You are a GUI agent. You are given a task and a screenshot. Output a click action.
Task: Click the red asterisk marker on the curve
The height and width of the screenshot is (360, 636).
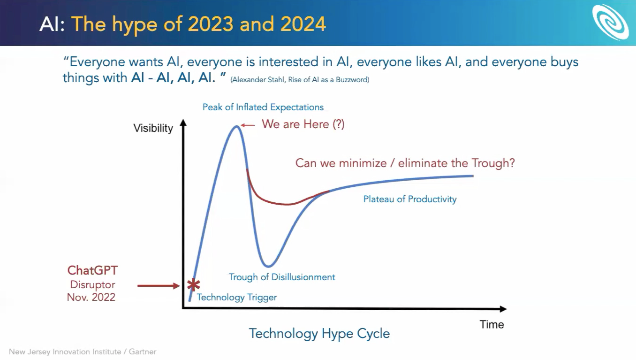pos(194,285)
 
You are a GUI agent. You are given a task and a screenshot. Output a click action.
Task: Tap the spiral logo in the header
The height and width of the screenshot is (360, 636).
pos(610,22)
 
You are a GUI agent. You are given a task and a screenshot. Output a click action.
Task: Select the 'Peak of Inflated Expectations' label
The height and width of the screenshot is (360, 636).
pos(263,107)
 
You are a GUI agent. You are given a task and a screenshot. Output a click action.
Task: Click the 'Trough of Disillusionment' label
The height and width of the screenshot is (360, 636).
pos(282,277)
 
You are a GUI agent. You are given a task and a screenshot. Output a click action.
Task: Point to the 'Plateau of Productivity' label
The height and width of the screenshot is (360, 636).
pos(410,199)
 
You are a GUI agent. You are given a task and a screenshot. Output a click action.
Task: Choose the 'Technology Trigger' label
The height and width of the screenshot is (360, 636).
pos(237,297)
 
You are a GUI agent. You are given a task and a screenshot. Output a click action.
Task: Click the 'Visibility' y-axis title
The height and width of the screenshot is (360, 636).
pos(153,128)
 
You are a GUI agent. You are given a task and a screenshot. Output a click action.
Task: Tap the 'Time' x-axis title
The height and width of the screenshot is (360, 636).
pos(492,324)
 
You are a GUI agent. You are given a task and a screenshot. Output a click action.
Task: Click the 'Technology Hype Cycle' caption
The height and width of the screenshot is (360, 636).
pos(319,334)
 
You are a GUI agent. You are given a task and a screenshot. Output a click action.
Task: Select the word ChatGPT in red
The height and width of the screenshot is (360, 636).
pos(92,270)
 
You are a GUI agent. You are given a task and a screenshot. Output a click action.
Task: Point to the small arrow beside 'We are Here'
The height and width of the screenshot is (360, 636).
pos(248,125)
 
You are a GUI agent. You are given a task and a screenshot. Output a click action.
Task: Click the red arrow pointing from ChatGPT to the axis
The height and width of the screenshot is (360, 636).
pos(159,286)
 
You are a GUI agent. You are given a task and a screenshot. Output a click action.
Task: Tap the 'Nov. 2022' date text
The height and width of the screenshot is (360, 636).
pos(91,297)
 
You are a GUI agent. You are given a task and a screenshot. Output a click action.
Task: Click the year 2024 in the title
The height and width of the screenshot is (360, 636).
pos(303,24)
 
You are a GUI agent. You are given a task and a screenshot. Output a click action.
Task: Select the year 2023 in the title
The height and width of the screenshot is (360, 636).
pos(211,24)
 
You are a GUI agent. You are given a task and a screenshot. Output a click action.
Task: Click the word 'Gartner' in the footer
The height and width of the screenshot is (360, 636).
pos(143,352)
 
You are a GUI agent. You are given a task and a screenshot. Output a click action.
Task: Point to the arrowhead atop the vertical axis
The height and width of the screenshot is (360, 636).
pos(183,123)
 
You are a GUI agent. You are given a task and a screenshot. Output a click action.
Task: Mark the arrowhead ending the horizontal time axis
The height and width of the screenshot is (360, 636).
pos(503,309)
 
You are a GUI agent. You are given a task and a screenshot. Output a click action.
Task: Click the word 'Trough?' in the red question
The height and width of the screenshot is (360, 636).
pos(493,163)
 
